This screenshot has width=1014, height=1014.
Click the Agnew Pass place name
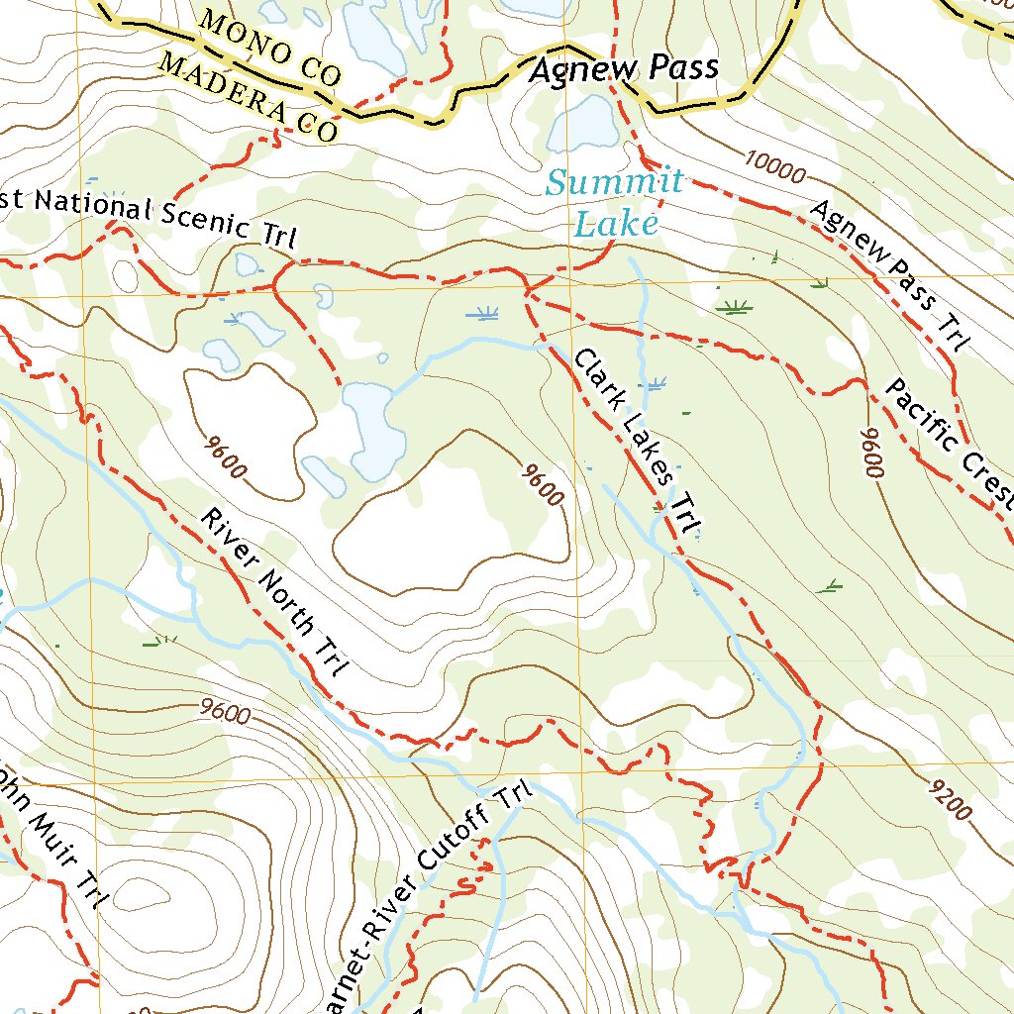point(623,70)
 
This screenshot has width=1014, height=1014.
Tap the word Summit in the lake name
point(615,182)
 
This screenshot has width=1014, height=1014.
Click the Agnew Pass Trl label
point(889,276)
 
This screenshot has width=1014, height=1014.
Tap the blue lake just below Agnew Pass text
point(585,122)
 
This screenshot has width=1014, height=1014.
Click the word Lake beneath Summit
point(616,225)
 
